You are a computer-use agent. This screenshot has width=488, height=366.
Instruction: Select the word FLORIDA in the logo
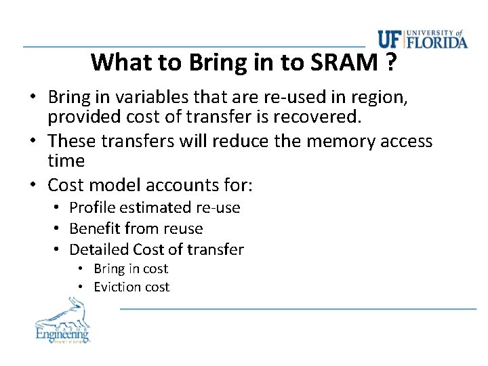[x=436, y=43]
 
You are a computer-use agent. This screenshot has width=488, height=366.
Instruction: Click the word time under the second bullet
[x=66, y=161]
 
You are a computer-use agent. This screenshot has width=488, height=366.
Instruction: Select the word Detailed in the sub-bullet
[x=99, y=249]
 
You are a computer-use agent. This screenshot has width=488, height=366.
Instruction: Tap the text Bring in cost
[x=130, y=269]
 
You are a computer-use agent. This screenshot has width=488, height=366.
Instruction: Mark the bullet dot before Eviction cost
[x=80, y=287]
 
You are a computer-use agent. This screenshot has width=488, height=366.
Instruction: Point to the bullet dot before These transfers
[x=33, y=141]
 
